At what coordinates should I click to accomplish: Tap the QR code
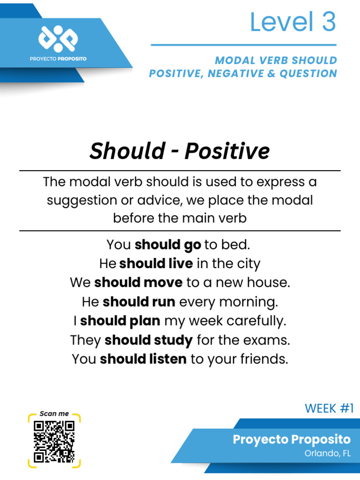pos(54,441)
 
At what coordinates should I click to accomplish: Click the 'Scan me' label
pos(54,413)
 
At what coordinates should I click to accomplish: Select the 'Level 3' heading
pos(292,22)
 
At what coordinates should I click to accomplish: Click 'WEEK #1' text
pos(329,408)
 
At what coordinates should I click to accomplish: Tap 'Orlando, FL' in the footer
pos(327,453)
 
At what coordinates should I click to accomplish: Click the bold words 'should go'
pos(168,245)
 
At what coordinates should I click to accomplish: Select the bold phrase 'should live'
pos(156,264)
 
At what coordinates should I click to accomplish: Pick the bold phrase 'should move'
pos(138,283)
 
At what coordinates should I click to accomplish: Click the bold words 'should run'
pos(139,302)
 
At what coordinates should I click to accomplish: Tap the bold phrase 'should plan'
pos(120,321)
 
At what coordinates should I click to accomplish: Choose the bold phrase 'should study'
pos(149,340)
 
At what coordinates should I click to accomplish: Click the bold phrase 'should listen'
pos(143,360)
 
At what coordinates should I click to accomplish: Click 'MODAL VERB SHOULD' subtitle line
pos(276,60)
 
